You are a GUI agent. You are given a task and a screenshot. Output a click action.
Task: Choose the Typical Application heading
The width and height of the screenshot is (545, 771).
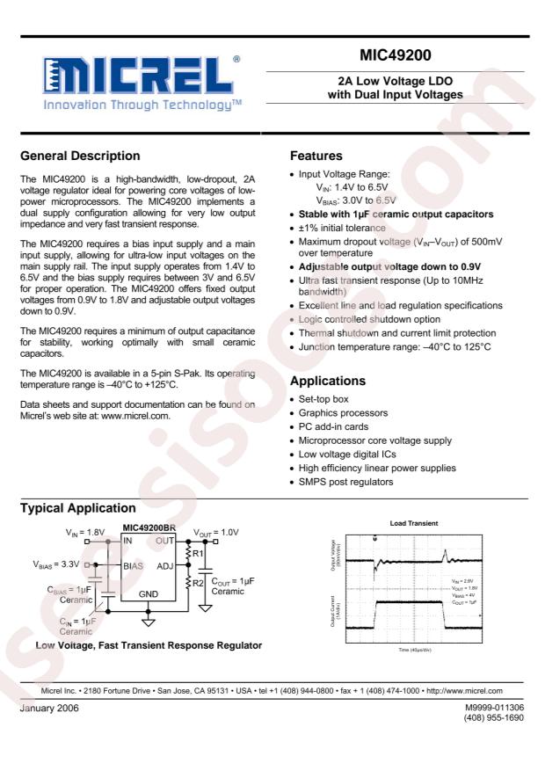coord(83,509)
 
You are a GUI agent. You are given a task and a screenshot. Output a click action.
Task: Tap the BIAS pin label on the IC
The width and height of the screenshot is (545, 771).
coord(134,567)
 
